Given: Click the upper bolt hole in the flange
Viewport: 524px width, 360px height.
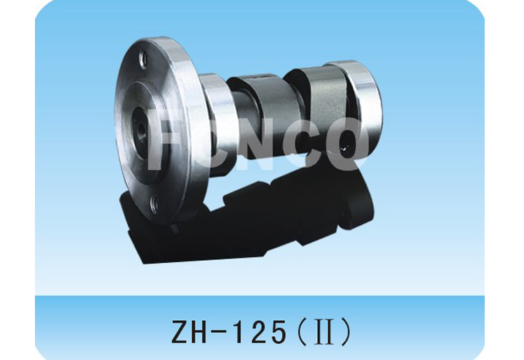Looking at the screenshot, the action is tap(143, 60).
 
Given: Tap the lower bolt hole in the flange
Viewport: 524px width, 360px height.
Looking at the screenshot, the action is tap(154, 203).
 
